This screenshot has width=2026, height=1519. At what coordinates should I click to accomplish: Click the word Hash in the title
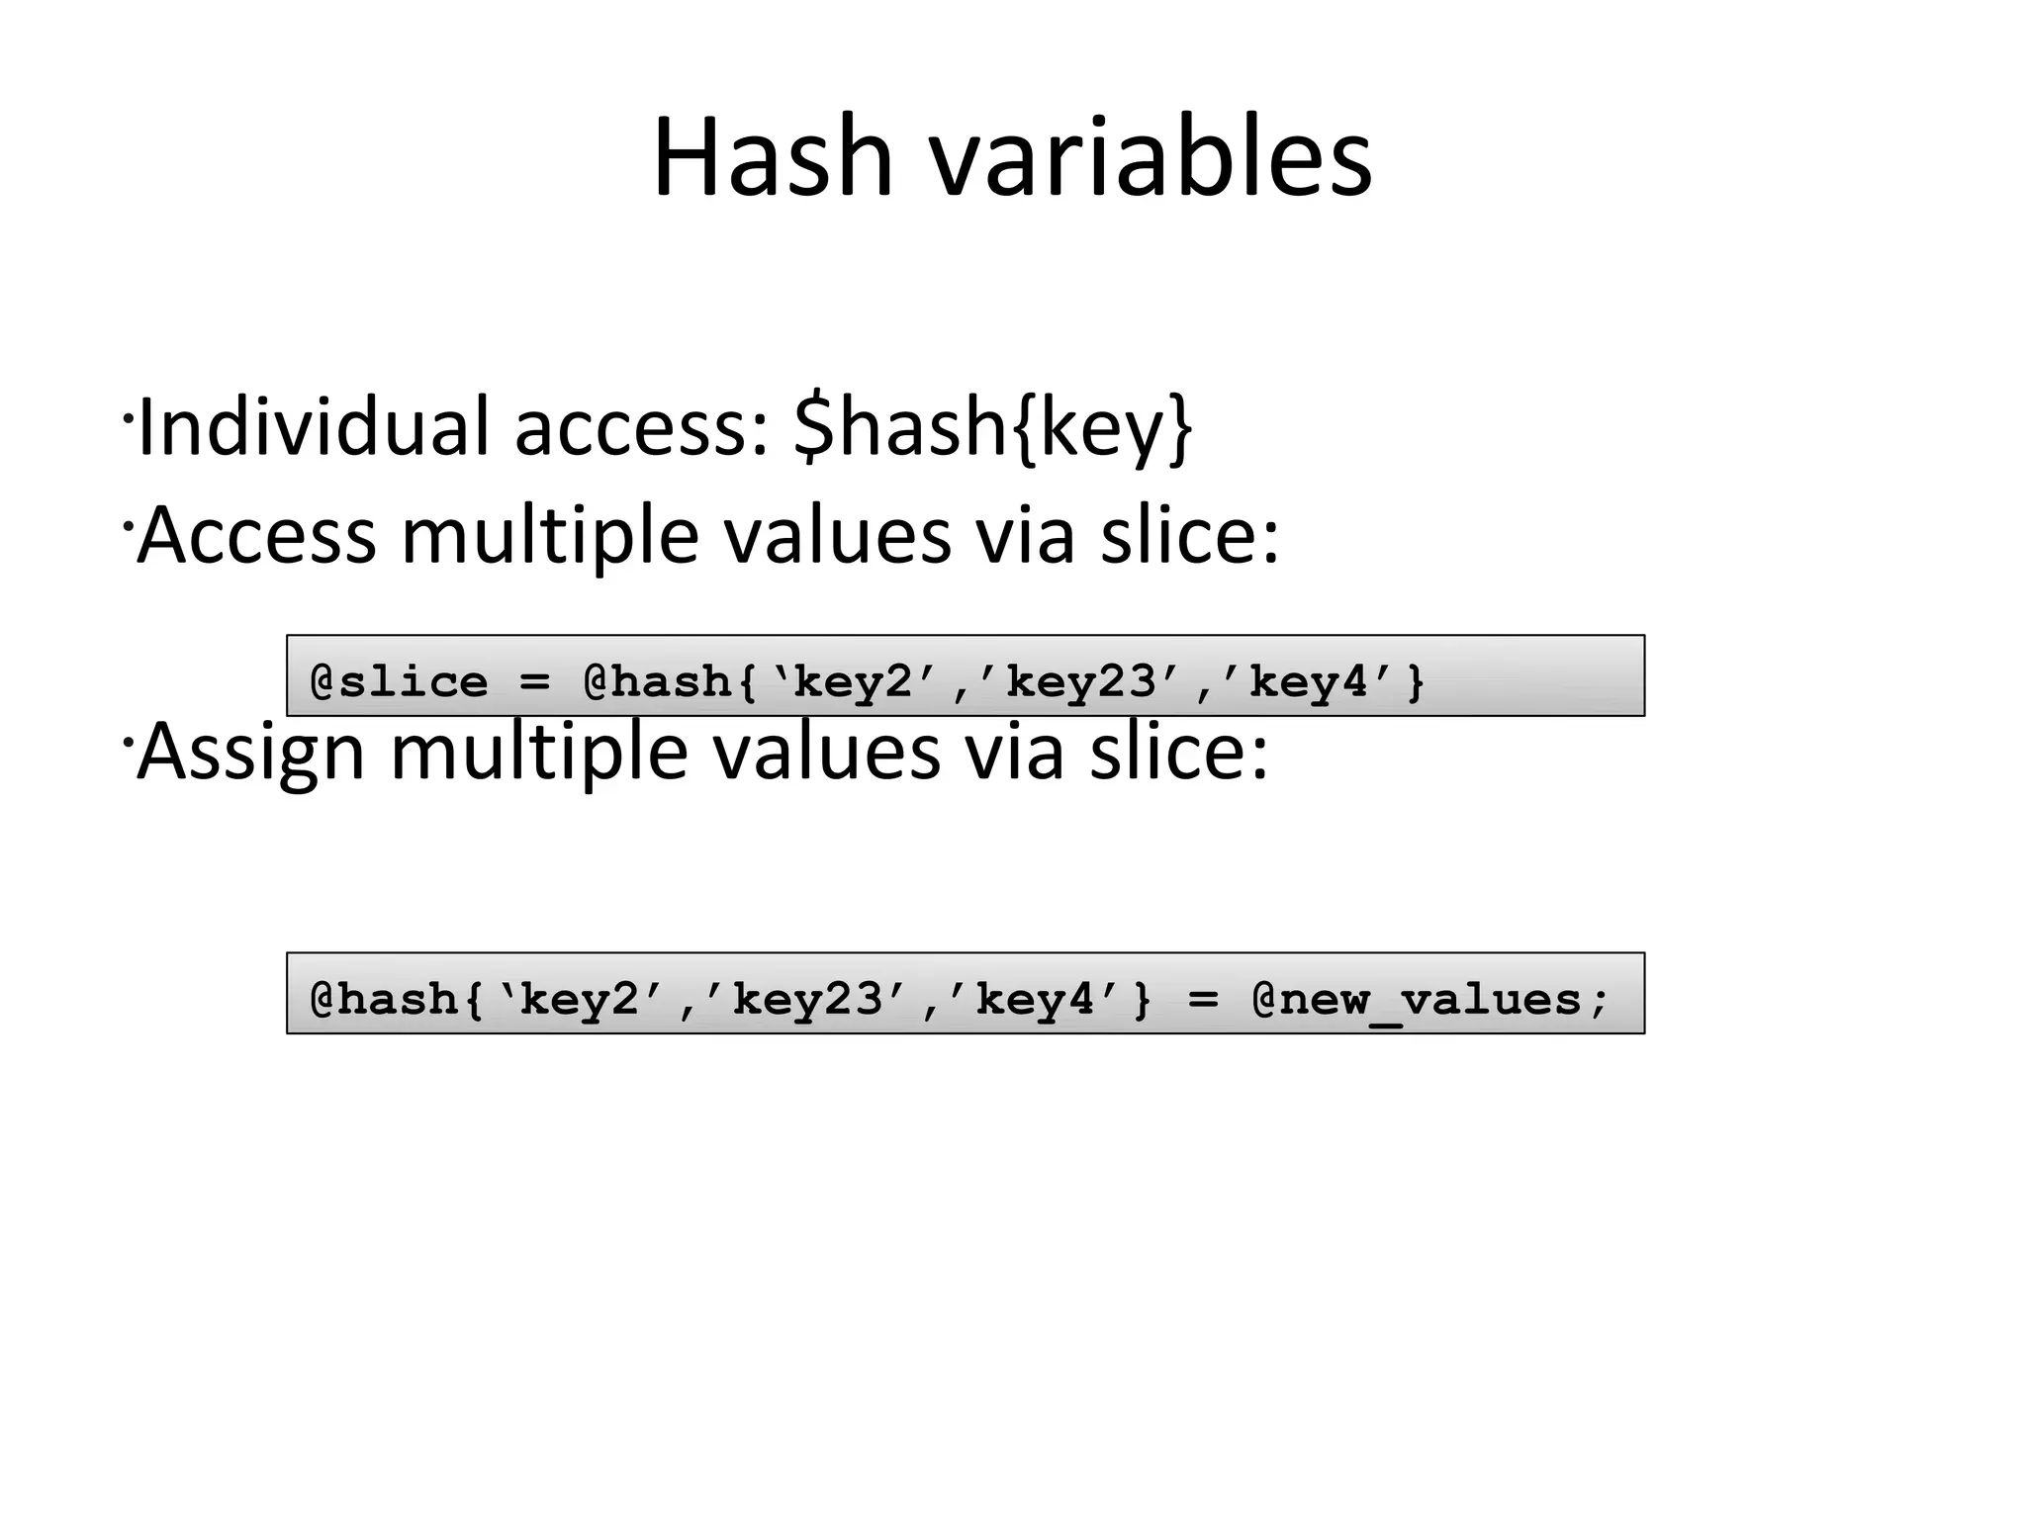pyautogui.click(x=773, y=158)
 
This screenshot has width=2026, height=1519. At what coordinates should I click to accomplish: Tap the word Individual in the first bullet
pyautogui.click(x=314, y=427)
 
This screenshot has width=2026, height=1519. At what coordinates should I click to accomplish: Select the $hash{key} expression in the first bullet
pyautogui.click(x=992, y=427)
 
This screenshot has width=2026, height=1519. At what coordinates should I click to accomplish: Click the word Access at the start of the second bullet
pyautogui.click(x=256, y=535)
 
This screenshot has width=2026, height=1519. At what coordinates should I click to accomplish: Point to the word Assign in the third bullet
pyautogui.click(x=250, y=753)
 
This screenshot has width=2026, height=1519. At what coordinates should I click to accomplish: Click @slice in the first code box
pyautogui.click(x=399, y=682)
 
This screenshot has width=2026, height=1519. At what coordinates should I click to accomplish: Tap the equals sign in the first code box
pyautogui.click(x=534, y=682)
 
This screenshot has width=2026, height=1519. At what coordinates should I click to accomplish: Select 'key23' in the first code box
pyautogui.click(x=1079, y=682)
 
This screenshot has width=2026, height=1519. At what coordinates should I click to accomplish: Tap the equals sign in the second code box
pyautogui.click(x=1202, y=1000)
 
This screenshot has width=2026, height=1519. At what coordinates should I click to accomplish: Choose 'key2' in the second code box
pyautogui.click(x=579, y=1000)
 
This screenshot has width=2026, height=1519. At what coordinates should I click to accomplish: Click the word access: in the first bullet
pyautogui.click(x=641, y=427)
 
